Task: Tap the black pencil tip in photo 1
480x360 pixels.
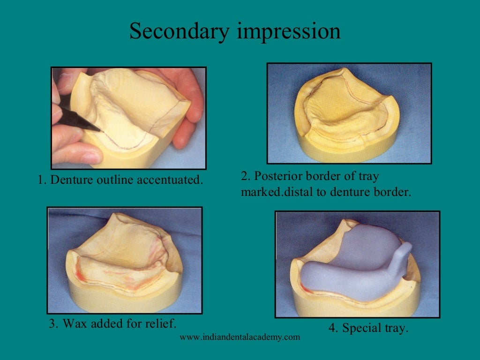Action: pos(96,127)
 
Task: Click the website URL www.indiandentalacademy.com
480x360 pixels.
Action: pos(240,337)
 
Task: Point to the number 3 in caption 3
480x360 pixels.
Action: pos(52,323)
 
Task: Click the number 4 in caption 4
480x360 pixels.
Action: pos(332,328)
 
